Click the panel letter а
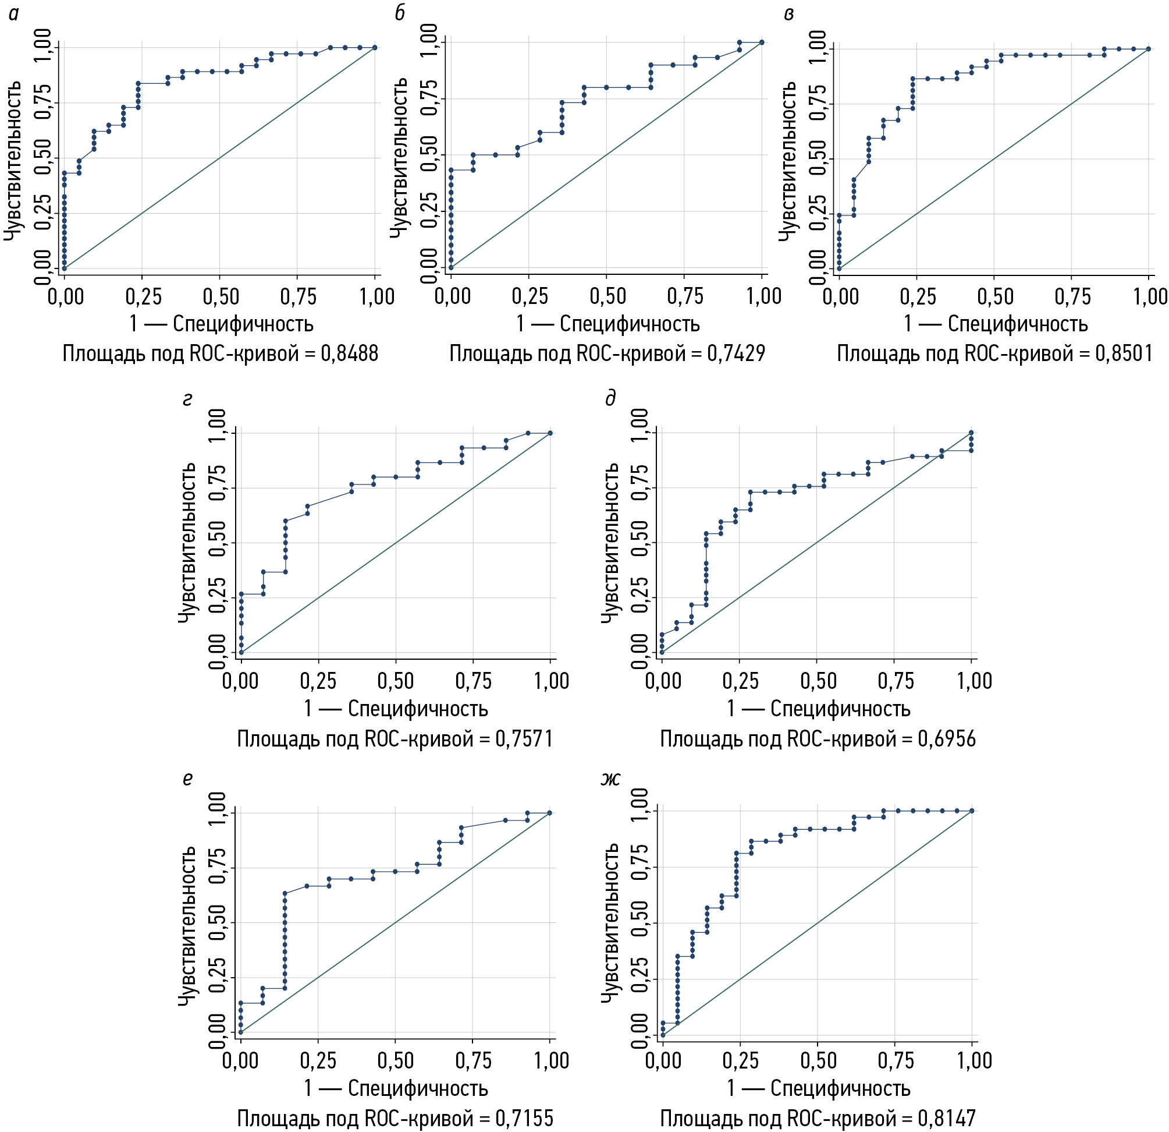(14, 14)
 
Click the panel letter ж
(610, 779)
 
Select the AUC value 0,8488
(350, 354)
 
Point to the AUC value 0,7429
(736, 354)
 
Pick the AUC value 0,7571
(524, 740)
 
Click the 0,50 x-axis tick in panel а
(221, 296)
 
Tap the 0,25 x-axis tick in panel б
(530, 296)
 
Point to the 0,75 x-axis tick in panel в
(1072, 296)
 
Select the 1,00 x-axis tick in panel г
(551, 681)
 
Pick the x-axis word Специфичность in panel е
(418, 1088)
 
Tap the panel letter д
(610, 398)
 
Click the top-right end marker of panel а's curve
(375, 47)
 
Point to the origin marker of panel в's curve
(839, 268)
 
